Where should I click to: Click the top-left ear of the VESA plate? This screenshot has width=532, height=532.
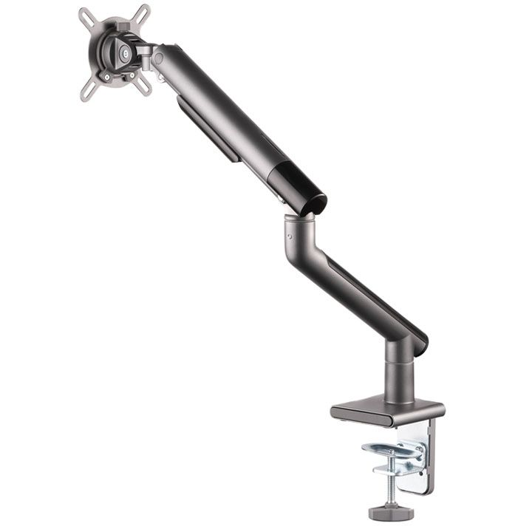86,16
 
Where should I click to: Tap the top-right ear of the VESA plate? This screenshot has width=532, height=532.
142,14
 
